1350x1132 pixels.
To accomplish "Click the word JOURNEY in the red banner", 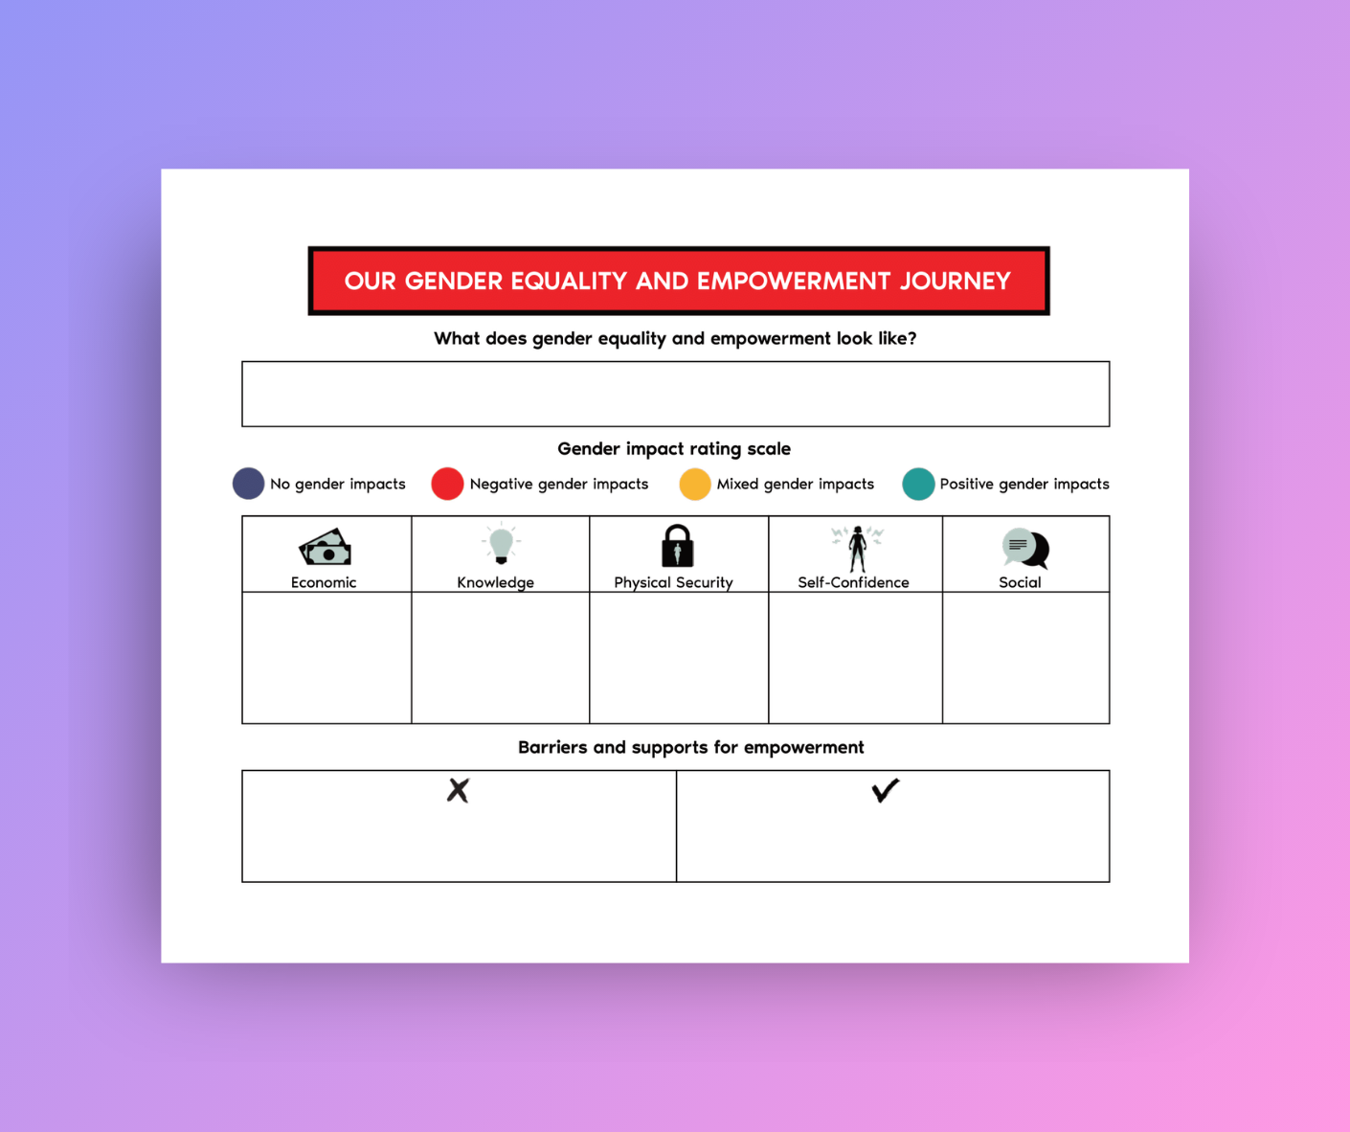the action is [955, 281].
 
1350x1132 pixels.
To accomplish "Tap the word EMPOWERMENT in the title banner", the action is [779, 281].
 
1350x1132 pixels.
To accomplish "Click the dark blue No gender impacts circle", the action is [248, 484].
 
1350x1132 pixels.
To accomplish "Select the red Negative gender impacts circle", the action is [447, 484].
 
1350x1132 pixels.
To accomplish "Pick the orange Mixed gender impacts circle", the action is [695, 484].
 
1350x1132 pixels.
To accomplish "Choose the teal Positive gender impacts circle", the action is [918, 484].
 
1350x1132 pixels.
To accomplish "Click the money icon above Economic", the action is [326, 548].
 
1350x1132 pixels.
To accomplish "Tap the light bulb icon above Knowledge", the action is [501, 544].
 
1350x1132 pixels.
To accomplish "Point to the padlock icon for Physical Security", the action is [677, 546].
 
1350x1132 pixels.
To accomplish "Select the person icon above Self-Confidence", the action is [857, 548].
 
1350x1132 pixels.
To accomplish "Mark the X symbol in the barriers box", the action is [459, 790].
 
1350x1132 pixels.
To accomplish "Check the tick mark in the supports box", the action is [886, 790].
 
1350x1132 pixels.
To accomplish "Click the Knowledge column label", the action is [495, 582].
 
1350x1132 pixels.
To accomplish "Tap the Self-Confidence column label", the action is [853, 582].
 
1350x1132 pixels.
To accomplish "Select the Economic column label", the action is [324, 582].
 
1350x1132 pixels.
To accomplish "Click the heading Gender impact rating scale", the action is [674, 448].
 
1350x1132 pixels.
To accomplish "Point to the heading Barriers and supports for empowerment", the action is [690, 747].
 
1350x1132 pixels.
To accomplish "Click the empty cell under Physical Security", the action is [678, 658].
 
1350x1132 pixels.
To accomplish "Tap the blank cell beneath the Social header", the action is [1025, 658].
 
